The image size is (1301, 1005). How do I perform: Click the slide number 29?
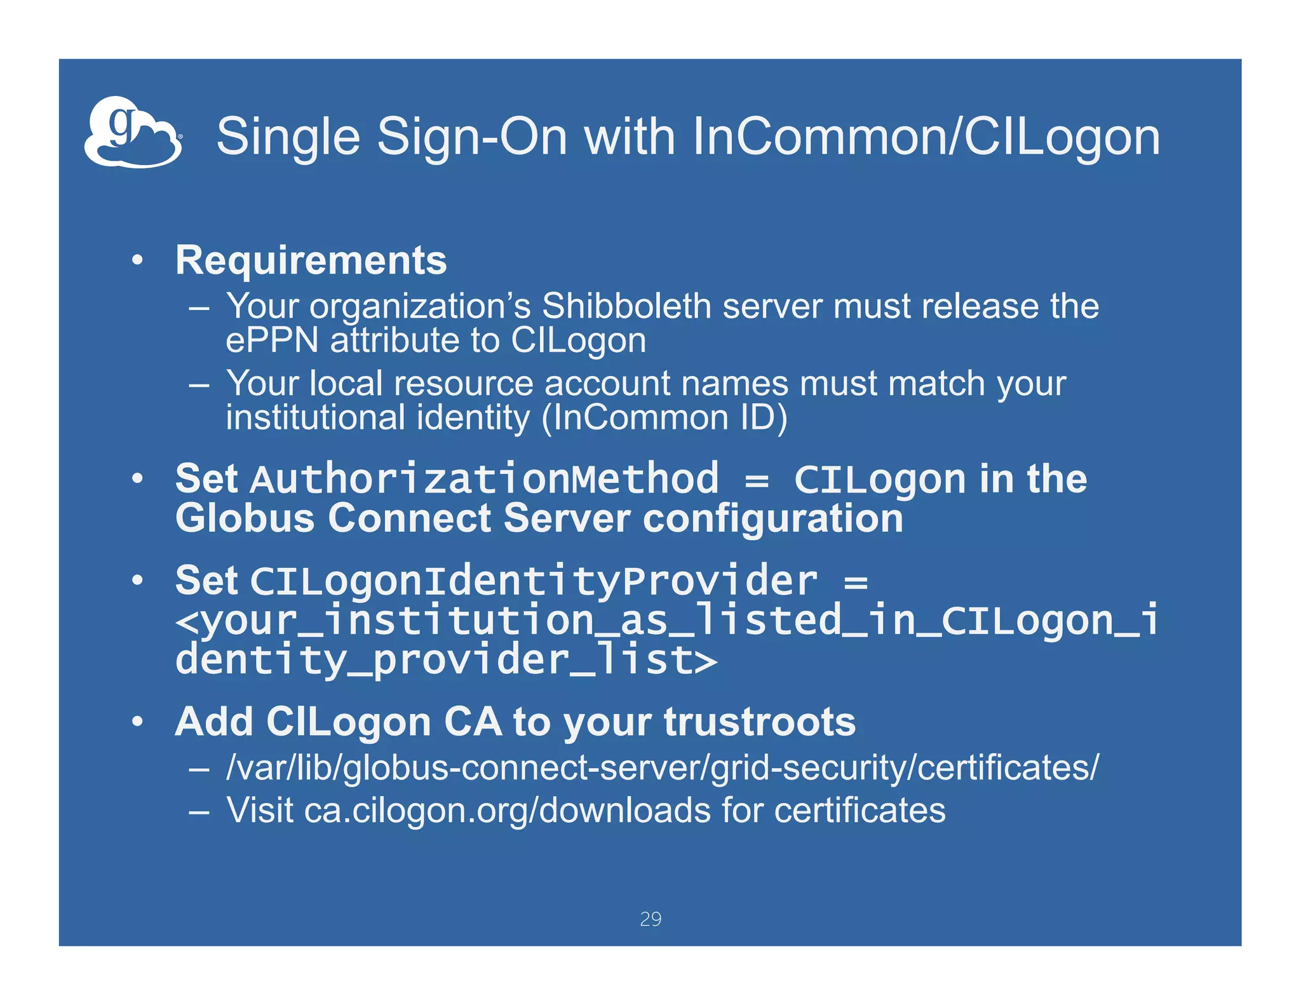[650, 919]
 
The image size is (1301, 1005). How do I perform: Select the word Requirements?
[311, 260]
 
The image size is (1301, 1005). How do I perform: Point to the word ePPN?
[272, 341]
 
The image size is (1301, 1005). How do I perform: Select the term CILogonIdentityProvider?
[534, 581]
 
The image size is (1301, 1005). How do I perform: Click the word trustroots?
[760, 722]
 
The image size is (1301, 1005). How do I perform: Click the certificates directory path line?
[663, 767]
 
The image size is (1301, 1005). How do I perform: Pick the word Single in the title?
[288, 137]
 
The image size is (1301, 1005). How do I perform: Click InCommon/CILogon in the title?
[926, 137]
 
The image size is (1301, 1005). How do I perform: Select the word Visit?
[260, 811]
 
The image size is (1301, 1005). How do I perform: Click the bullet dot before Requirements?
[137, 260]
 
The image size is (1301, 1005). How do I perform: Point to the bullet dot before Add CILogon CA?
[137, 722]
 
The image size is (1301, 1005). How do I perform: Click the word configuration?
[772, 518]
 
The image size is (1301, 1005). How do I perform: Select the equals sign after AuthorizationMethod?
[757, 480]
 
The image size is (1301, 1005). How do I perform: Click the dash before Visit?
[199, 811]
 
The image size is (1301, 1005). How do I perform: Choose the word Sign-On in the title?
[472, 137]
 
